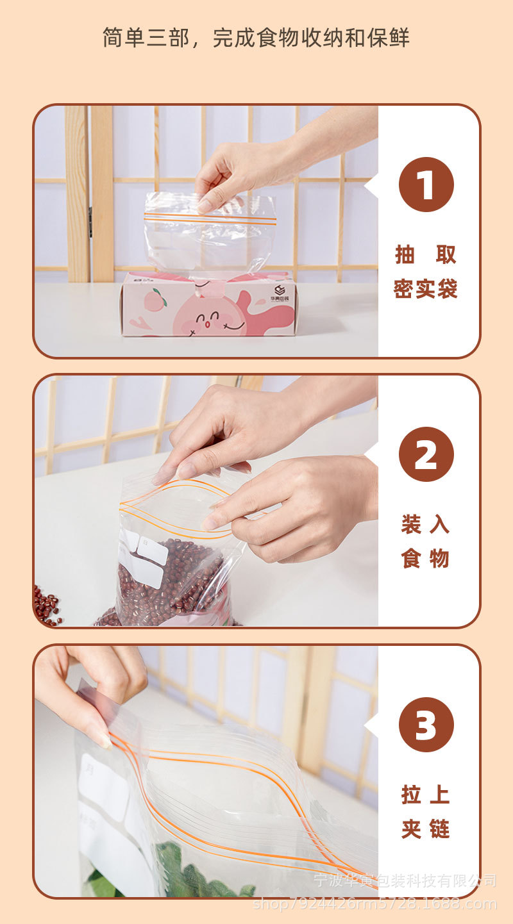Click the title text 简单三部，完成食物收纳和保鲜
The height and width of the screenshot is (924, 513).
pos(256,38)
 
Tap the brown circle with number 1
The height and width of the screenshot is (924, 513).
pos(426,185)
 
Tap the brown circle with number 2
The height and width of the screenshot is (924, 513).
pos(426,454)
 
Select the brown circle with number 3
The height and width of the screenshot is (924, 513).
pos(426,725)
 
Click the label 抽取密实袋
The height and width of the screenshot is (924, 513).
pos(426,272)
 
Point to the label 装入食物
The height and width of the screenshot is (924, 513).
pos(426,541)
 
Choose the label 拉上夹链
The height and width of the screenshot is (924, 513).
pos(426,812)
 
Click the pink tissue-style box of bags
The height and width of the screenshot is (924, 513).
pos(208,304)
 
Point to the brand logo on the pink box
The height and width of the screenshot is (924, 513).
pos(279,290)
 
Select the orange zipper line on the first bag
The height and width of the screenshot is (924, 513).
pos(210,220)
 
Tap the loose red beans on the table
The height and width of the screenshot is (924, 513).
pos(47,606)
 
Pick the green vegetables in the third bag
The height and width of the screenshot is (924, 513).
pos(186,871)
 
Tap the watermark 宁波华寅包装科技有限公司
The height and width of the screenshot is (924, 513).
pos(405,880)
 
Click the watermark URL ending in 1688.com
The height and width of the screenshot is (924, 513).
pos(375,903)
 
